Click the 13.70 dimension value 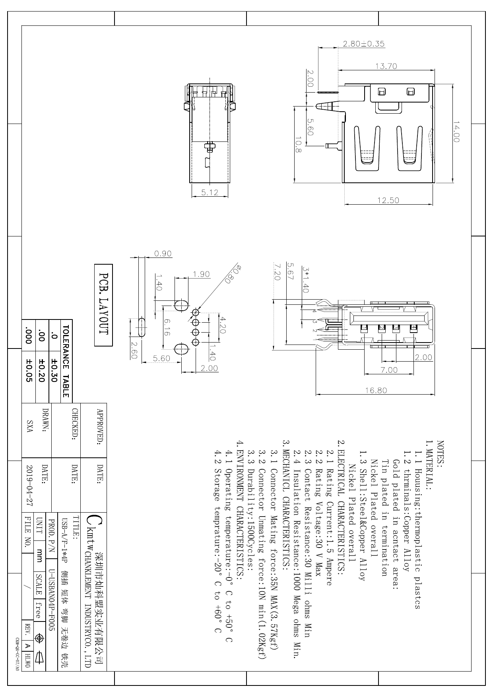tap(386, 66)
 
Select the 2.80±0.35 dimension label tap(364, 44)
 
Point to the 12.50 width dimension tap(388, 200)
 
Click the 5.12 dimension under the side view tap(210, 192)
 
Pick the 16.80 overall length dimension tap(376, 390)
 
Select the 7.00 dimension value tap(389, 370)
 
